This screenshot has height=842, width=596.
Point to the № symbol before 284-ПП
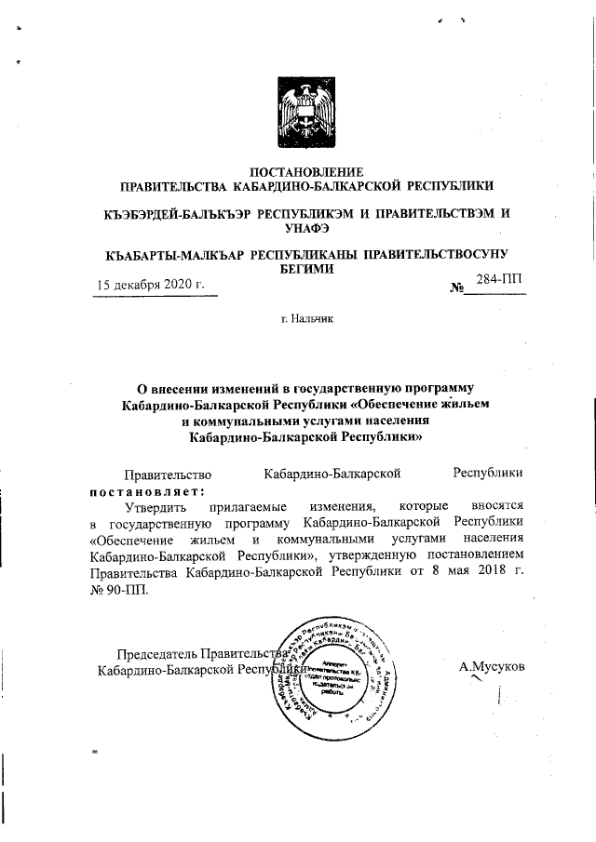(x=456, y=288)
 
